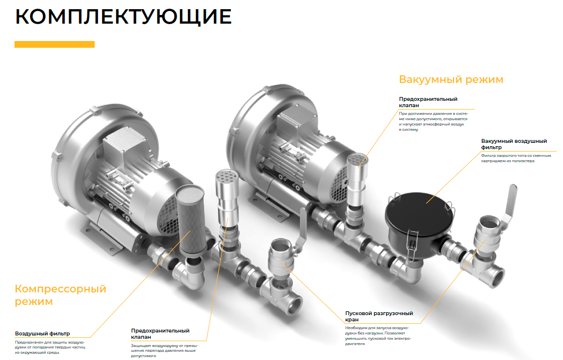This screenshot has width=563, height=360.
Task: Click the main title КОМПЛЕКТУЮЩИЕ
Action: tap(124, 17)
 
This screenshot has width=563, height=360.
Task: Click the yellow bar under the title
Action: tap(54, 44)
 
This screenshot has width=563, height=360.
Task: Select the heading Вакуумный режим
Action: tap(451, 79)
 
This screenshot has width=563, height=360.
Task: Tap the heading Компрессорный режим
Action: tap(60, 295)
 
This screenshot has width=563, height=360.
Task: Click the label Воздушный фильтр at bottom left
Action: tap(42, 333)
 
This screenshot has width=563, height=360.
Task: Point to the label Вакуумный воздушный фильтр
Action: tap(514, 144)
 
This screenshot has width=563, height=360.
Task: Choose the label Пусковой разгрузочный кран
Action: tap(379, 316)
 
